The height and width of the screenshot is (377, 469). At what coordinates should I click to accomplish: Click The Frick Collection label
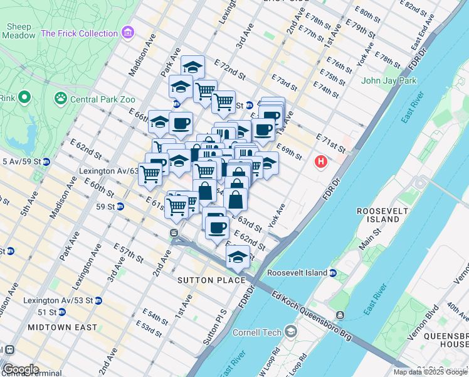[x=80, y=33]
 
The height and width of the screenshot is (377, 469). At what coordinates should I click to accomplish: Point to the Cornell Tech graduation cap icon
[x=290, y=331]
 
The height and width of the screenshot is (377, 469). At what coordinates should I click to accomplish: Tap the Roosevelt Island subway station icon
[x=334, y=273]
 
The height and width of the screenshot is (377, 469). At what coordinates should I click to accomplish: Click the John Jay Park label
[x=389, y=80]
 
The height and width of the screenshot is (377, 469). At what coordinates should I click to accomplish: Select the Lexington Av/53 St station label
[x=58, y=301]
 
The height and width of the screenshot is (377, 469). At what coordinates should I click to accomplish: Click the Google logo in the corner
[x=20, y=369]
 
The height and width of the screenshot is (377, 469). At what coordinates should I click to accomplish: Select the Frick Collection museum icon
[x=128, y=32]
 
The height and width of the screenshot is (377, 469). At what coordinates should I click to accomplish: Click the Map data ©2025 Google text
[x=430, y=372]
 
